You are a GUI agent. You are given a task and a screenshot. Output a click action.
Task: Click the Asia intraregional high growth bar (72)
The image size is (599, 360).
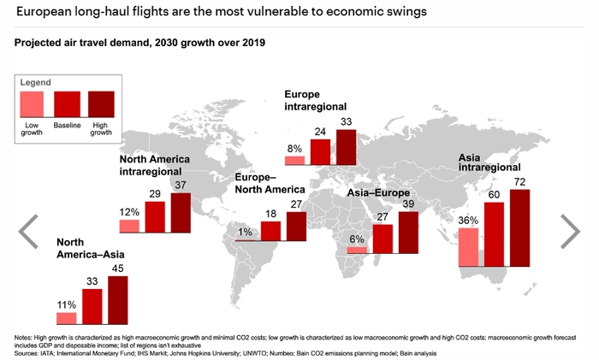coord(519,228)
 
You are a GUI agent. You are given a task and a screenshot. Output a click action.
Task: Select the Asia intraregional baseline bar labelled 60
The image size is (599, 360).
coord(494,235)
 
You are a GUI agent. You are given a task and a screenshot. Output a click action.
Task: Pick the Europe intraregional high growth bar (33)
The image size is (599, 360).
coord(347,146)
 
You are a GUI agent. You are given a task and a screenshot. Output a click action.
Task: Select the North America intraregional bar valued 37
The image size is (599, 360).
coord(181,212)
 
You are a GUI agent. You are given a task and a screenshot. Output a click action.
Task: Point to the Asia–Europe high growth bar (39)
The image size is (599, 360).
coord(409,232)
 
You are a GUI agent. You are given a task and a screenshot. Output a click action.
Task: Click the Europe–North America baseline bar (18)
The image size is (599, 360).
coord(271,231)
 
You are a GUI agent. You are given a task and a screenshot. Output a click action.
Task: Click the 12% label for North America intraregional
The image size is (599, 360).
coord(129,211)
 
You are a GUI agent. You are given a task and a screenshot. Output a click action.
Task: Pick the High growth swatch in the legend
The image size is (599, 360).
coord(101,105)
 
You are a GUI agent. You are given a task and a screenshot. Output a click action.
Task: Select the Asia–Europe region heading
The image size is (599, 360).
coord(381,194)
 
